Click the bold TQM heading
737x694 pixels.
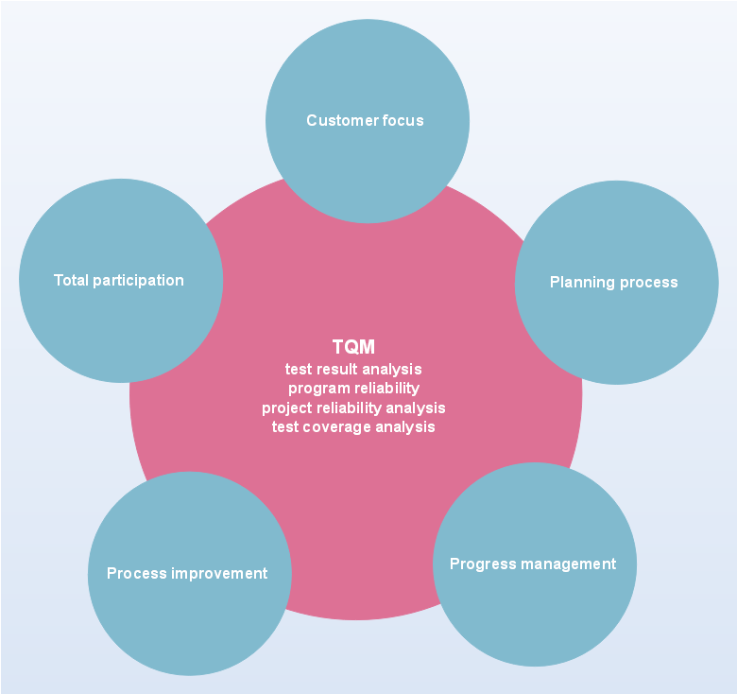click(x=353, y=347)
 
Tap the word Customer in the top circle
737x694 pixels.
click(x=342, y=120)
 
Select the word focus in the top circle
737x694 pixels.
click(x=403, y=120)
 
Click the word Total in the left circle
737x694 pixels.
click(x=71, y=280)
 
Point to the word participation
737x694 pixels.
click(x=138, y=281)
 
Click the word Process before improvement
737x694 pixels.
click(x=137, y=573)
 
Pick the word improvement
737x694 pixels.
click(x=219, y=574)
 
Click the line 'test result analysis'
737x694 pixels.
click(x=353, y=369)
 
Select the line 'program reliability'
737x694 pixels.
click(x=353, y=389)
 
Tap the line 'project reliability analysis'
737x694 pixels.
click(x=353, y=408)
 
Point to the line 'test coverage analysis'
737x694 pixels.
click(x=353, y=427)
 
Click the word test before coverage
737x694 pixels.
click(x=285, y=427)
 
